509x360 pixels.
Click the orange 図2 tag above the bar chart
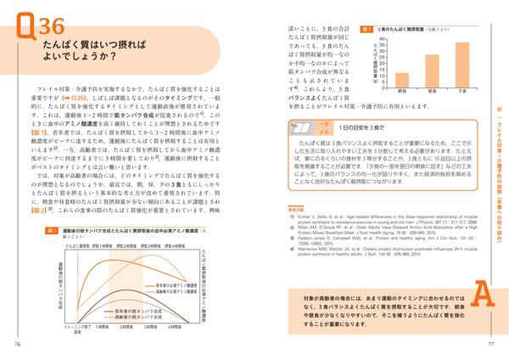point(366,28)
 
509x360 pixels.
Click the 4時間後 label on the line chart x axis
point(175,325)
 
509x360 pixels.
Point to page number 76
point(18,344)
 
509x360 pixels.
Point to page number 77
point(490,344)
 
